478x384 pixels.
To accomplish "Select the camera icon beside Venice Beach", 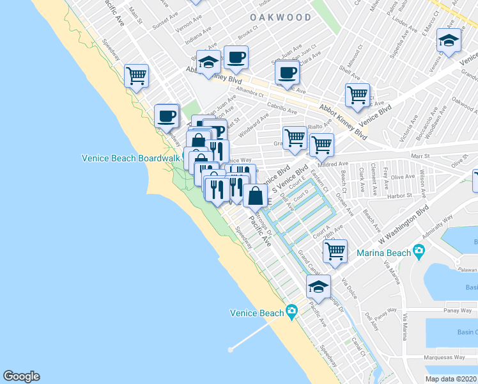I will pos(291,312).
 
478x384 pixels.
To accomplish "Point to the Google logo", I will pos(21,376).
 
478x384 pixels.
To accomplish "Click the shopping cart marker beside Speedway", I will pos(136,76).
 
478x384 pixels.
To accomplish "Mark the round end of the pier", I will pos(230,349).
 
